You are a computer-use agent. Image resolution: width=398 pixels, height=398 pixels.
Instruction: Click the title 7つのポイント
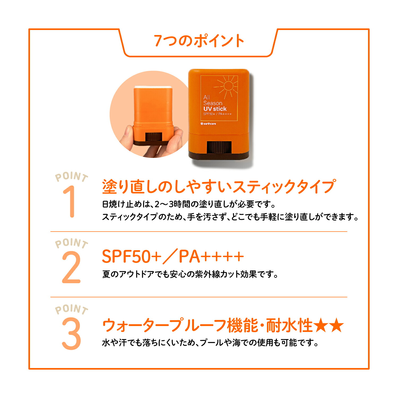pyautogui.click(x=199, y=41)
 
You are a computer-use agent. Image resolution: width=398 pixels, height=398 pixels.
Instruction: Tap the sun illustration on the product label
pyautogui.click(x=228, y=86)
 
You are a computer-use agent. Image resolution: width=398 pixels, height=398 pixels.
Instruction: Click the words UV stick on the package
pyautogui.click(x=215, y=109)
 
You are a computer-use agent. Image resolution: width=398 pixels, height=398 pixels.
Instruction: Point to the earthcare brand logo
pyautogui.click(x=208, y=124)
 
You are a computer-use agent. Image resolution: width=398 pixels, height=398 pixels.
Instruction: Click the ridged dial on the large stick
pyautogui.click(x=219, y=148)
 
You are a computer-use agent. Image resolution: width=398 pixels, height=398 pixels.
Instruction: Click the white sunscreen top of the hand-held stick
pyautogui.click(x=153, y=87)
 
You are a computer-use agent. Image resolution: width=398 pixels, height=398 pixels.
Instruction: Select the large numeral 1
pyautogui.click(x=70, y=202)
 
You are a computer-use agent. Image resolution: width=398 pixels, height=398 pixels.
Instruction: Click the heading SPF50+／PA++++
pyautogui.click(x=173, y=257)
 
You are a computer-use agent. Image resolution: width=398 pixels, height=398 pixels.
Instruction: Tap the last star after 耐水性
pyautogui.click(x=337, y=326)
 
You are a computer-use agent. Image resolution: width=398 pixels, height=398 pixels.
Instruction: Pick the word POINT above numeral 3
pyautogui.click(x=71, y=309)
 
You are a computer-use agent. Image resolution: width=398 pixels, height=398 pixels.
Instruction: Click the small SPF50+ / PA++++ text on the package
pyautogui.click(x=217, y=114)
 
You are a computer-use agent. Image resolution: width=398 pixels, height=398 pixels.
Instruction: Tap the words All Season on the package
pyautogui.click(x=212, y=100)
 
